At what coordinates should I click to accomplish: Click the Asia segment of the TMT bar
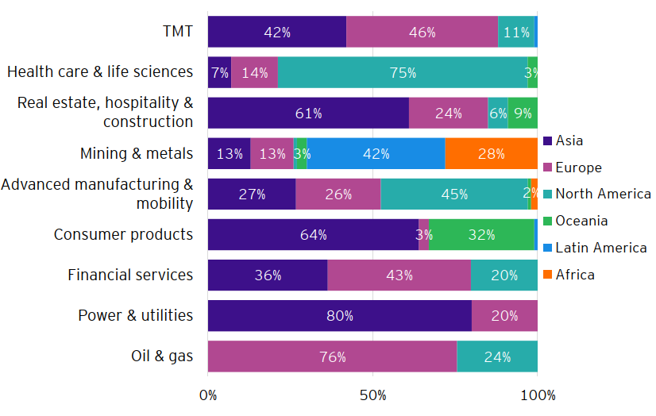pos(277,32)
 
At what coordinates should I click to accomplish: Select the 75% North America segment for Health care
pos(403,72)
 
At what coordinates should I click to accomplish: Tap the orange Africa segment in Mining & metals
pos(491,154)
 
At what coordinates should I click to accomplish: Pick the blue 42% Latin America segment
pos(376,154)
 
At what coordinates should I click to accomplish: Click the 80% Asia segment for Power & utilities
pos(339,316)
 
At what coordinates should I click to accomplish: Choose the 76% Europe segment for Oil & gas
pos(332,356)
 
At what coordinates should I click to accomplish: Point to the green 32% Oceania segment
pos(481,235)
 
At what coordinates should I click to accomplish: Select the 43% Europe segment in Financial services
pos(399,275)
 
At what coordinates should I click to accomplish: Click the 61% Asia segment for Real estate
pos(308,114)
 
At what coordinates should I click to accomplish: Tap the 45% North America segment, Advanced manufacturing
pos(454,195)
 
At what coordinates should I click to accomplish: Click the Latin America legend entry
pos(600,248)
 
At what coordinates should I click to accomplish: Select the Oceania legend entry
pos(581,221)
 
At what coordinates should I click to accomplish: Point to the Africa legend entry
pos(575,275)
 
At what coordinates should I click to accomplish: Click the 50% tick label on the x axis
pos(372,395)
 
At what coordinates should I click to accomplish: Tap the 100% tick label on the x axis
pos(538,395)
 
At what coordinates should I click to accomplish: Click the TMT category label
pos(177,32)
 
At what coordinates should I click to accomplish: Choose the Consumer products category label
pos(123,234)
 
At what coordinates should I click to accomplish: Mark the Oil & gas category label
pos(161,356)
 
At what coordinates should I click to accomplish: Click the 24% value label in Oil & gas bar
pos(497,356)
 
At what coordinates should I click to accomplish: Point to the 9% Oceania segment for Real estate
pos(523,114)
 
